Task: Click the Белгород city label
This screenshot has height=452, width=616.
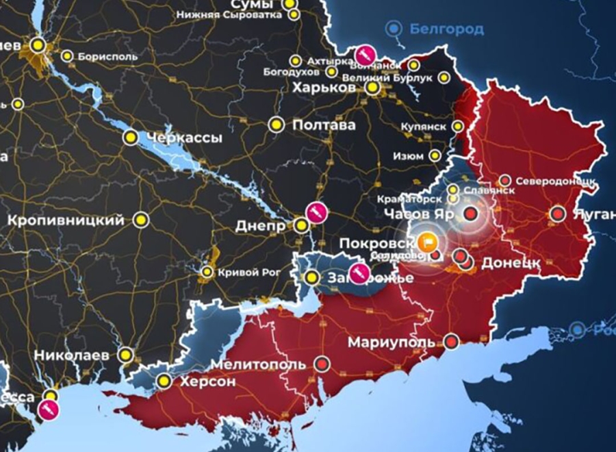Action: tap(446, 29)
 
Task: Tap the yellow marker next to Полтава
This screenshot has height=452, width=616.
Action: tap(276, 125)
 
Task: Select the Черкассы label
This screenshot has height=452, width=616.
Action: tap(183, 138)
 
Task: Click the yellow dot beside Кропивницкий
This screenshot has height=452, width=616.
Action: tap(140, 220)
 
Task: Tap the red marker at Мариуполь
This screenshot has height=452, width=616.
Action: tap(452, 341)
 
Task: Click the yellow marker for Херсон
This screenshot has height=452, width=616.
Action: tap(164, 381)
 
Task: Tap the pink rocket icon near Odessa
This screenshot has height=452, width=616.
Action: tap(48, 410)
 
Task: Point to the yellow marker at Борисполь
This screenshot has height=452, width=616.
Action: tap(67, 56)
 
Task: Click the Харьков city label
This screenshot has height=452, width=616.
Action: tap(324, 88)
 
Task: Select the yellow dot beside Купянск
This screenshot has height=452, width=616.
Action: tap(459, 127)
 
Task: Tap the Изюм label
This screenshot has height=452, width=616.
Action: tap(408, 156)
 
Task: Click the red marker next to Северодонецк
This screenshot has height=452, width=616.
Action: tap(504, 180)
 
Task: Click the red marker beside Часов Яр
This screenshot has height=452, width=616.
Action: tap(470, 214)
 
